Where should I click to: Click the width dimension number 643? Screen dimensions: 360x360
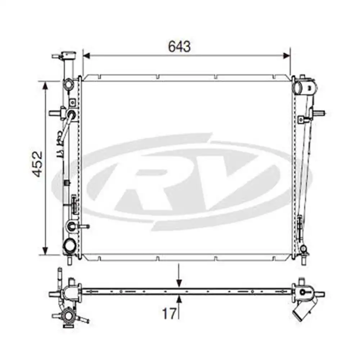tap(179, 46)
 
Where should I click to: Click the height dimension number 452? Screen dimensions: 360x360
tap(37, 164)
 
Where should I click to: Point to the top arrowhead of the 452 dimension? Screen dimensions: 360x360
tap(45, 85)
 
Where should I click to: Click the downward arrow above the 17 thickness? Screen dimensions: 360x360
tap(179, 283)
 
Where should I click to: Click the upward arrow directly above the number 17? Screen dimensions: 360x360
tap(179, 299)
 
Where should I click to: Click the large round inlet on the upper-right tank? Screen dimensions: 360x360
tap(298, 87)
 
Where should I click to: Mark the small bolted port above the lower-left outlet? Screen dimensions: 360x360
tap(71, 226)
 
